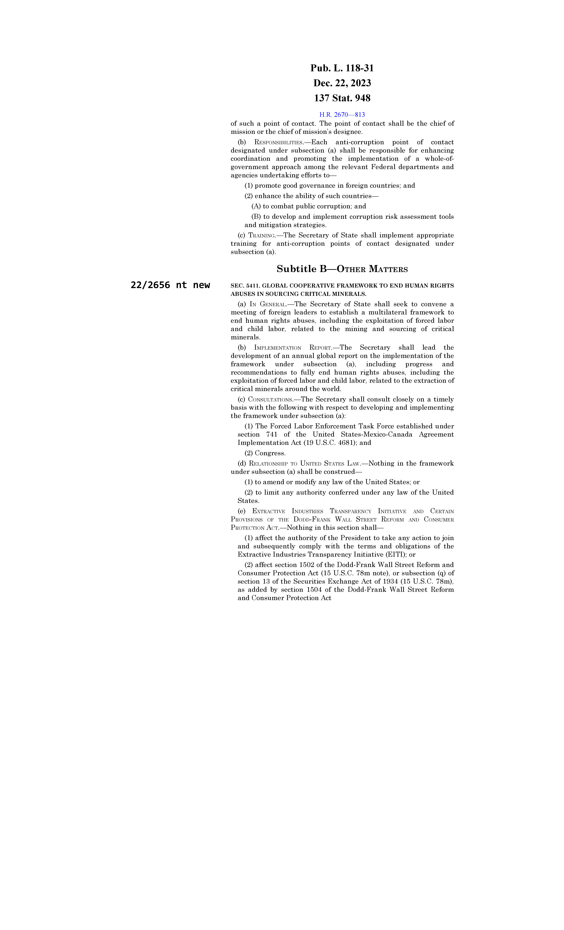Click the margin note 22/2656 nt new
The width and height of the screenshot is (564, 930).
170,285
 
